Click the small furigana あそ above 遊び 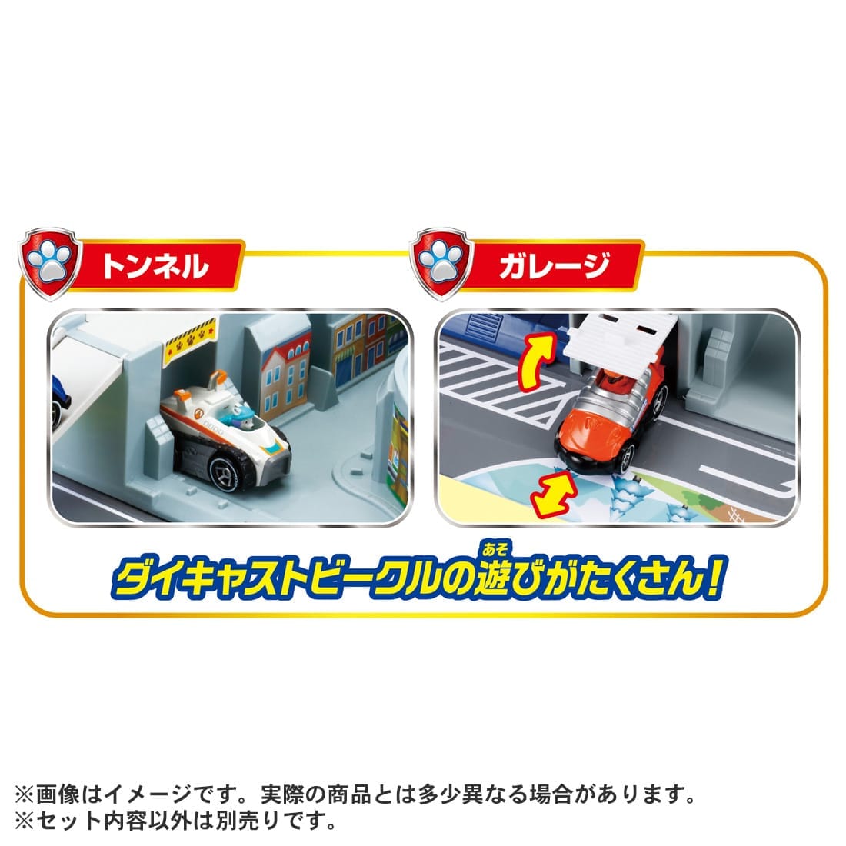click(x=495, y=549)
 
